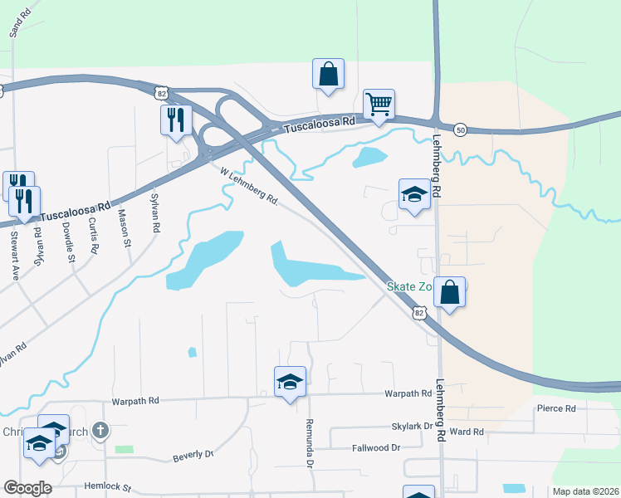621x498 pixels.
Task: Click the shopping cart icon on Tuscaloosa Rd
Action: click(x=379, y=105)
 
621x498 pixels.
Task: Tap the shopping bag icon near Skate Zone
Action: click(x=449, y=292)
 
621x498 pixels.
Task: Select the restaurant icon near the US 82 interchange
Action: click(x=176, y=120)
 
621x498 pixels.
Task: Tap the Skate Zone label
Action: click(x=410, y=287)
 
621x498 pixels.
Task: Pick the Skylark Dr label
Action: click(x=413, y=426)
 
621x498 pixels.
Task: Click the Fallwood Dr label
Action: click(x=378, y=447)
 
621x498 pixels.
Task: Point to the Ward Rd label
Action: click(x=467, y=432)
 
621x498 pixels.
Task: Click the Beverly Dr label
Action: click(x=193, y=456)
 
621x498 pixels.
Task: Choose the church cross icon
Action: click(x=100, y=430)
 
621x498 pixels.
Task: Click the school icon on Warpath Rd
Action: click(x=290, y=382)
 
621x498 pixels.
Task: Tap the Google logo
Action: click(x=27, y=488)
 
